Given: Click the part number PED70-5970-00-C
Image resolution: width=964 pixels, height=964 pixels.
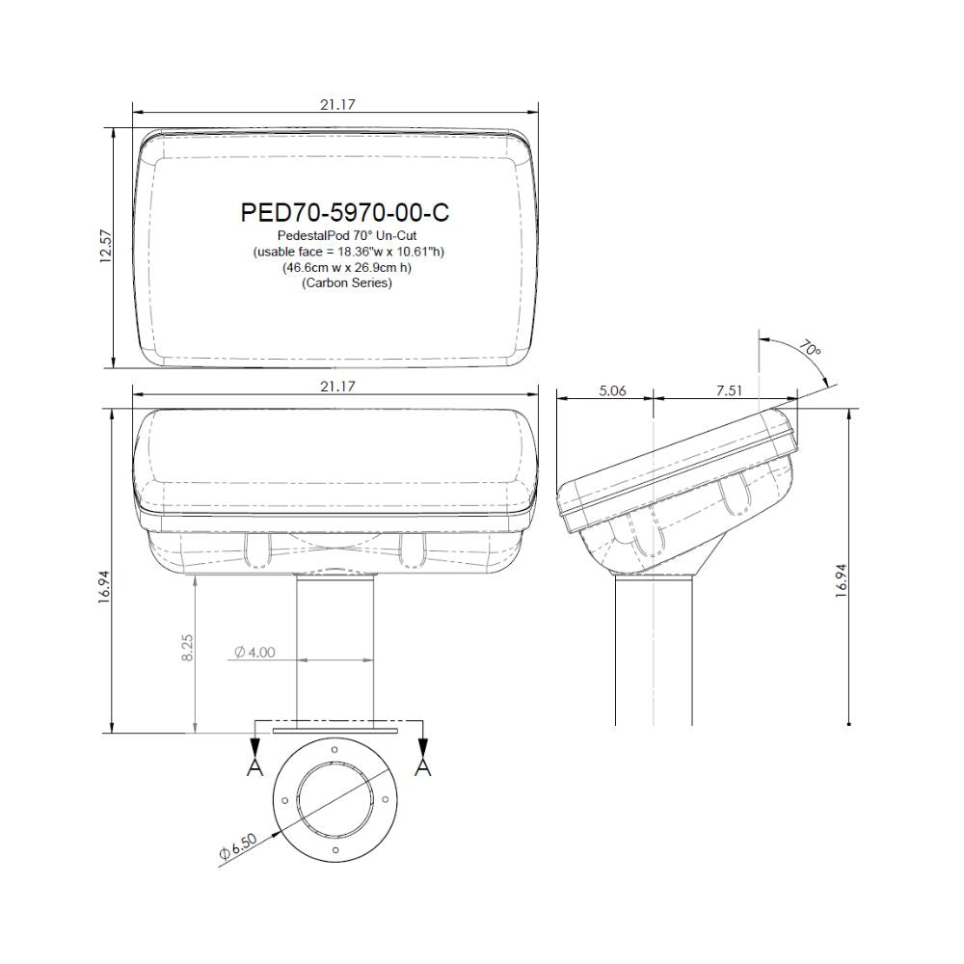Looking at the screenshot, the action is (x=345, y=212).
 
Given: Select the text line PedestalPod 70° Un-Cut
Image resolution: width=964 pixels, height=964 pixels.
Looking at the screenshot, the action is (x=347, y=235).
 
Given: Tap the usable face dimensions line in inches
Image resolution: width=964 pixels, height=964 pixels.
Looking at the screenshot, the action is (x=349, y=252).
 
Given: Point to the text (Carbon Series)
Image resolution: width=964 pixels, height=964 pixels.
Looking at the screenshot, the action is (x=347, y=283).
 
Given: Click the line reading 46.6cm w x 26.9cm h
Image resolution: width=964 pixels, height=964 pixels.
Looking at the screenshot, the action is (x=347, y=267).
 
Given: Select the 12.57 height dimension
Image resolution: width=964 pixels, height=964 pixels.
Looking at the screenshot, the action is (x=106, y=246).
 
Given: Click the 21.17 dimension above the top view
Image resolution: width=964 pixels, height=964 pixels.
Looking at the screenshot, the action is (x=337, y=104).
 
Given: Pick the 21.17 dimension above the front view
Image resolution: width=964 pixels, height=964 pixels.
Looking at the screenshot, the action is (x=337, y=387).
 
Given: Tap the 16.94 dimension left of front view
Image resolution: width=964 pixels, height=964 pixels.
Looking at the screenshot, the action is (x=104, y=586).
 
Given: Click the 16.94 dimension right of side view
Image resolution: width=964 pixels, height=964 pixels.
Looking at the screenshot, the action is (x=843, y=580).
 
